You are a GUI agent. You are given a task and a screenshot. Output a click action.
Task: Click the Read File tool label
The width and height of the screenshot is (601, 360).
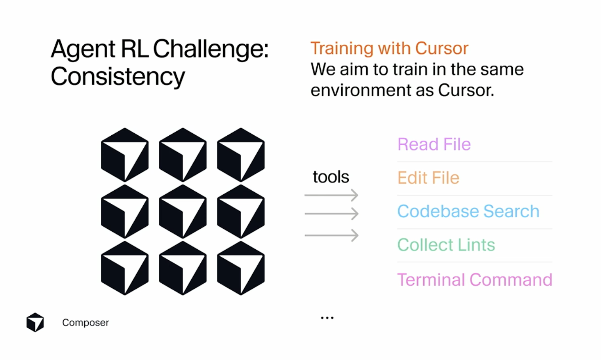click(434, 144)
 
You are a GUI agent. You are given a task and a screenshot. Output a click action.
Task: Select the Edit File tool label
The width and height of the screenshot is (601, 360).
click(428, 178)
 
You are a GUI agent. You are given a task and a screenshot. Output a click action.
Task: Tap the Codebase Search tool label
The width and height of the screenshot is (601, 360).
click(468, 211)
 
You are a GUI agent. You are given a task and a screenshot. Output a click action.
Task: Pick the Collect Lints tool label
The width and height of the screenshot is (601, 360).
click(446, 245)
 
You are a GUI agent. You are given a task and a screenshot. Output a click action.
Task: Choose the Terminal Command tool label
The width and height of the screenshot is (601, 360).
click(474, 280)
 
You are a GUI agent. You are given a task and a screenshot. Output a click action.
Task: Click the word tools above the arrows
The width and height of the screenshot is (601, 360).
click(331, 177)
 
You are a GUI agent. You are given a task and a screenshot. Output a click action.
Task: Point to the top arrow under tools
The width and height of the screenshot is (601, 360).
click(331, 195)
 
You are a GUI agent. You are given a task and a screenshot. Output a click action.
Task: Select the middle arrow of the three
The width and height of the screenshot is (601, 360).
click(331, 214)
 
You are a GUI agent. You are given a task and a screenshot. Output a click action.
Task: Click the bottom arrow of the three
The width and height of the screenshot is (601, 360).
click(331, 235)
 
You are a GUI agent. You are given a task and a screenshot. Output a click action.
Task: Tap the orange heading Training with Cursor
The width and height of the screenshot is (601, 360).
click(389, 48)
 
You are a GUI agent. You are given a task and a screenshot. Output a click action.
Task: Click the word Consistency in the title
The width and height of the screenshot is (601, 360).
click(118, 77)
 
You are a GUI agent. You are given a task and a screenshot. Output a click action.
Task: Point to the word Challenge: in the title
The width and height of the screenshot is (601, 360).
click(211, 49)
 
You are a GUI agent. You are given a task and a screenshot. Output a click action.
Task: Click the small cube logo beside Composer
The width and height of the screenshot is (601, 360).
click(35, 322)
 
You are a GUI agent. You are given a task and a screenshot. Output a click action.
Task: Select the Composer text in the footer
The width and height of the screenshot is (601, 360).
click(85, 323)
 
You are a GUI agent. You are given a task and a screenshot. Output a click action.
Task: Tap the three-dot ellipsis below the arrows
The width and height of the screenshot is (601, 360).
click(327, 318)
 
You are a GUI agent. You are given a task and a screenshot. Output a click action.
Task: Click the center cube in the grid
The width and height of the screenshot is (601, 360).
click(183, 212)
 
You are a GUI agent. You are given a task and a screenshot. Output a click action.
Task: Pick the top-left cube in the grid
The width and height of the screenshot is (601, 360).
click(125, 155)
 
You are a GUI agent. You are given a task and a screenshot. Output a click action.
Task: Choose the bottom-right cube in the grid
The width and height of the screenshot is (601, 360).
click(241, 268)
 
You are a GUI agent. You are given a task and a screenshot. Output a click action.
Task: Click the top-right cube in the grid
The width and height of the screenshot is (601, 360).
click(241, 155)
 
